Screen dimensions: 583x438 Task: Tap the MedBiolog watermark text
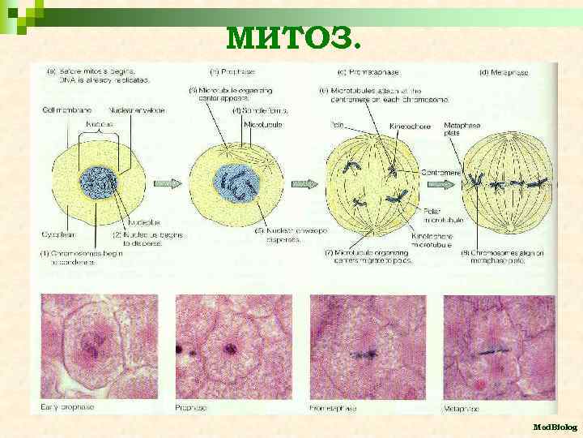pyautogui.click(x=555, y=426)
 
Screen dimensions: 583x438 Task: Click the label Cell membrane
pyautogui.click(x=66, y=110)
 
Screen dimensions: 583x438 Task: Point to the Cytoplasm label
pyautogui.click(x=57, y=234)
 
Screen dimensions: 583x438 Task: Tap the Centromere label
pyautogui.click(x=442, y=173)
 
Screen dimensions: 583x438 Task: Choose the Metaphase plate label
pyautogui.click(x=463, y=130)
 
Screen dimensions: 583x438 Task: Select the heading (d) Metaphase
pyautogui.click(x=504, y=72)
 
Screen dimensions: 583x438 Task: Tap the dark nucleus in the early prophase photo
pyautogui.click(x=94, y=351)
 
